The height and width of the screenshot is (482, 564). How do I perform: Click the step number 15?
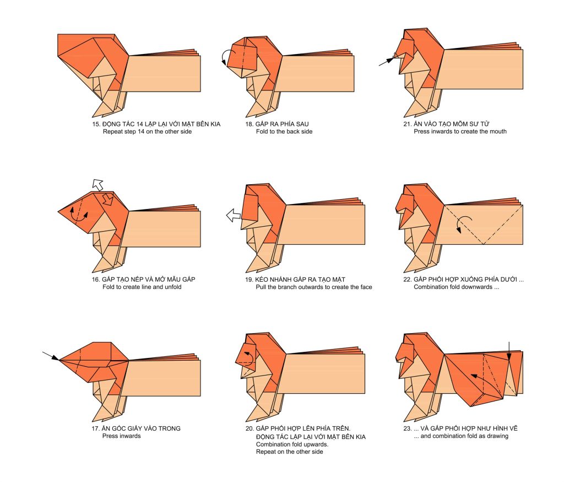[x=95, y=124]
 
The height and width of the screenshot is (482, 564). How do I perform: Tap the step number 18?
[x=249, y=124]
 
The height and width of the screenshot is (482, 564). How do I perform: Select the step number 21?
[x=407, y=124]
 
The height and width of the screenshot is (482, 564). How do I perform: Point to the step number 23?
[x=407, y=429]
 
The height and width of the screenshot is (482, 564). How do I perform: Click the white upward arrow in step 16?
[x=97, y=184]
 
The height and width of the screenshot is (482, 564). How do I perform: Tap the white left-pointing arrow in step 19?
[x=234, y=216]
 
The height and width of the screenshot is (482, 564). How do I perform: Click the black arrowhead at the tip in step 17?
[x=56, y=358]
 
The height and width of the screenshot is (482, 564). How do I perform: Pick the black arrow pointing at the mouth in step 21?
[x=386, y=62]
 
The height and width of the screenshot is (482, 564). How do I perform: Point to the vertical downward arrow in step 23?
[x=509, y=351]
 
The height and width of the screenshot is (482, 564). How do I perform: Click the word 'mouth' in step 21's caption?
[x=498, y=132]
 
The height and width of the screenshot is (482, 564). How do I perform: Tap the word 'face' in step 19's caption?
[x=366, y=287]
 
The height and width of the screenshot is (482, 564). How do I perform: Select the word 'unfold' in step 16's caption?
[x=173, y=287]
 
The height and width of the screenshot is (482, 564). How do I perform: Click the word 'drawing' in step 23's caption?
[x=497, y=436]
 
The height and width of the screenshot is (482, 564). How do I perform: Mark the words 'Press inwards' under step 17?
[x=122, y=436]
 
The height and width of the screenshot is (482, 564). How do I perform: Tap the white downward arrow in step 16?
[x=107, y=200]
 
